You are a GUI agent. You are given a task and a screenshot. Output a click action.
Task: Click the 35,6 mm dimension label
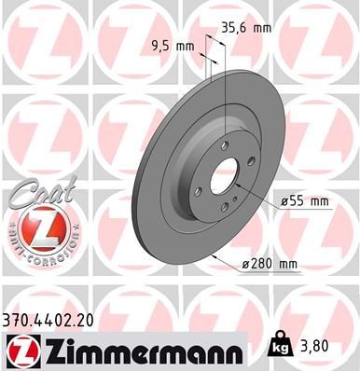(245, 28)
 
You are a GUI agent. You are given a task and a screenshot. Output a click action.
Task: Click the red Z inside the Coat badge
(36, 226)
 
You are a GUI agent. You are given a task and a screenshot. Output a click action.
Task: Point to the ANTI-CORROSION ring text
(36, 250)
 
